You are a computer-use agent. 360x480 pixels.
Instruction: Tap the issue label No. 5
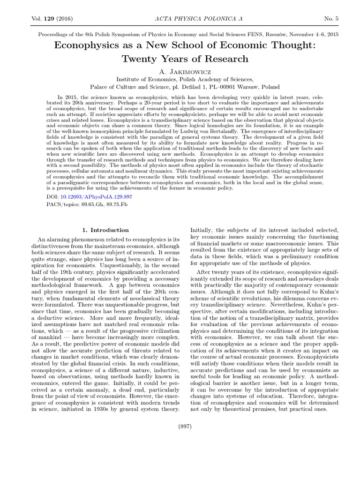pyautogui.click(x=332, y=18)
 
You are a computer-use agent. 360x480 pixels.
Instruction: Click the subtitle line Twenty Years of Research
pyautogui.click(x=185, y=59)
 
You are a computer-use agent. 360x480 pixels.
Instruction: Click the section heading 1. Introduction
pyautogui.click(x=105, y=230)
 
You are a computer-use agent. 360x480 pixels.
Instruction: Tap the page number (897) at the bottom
pyautogui.click(x=185, y=426)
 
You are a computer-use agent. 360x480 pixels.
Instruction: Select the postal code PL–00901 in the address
pyautogui.click(x=219, y=87)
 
